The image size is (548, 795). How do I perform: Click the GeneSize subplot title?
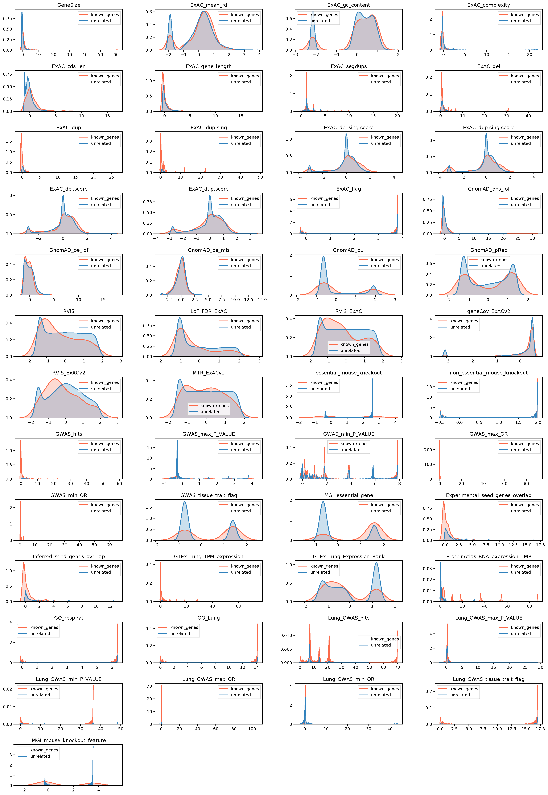(x=69, y=5)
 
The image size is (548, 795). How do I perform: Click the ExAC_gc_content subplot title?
(x=349, y=5)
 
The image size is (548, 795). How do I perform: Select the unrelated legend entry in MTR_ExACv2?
(x=210, y=412)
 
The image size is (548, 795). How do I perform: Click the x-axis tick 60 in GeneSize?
(x=116, y=55)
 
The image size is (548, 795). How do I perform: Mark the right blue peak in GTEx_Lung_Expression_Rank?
(x=376, y=563)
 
